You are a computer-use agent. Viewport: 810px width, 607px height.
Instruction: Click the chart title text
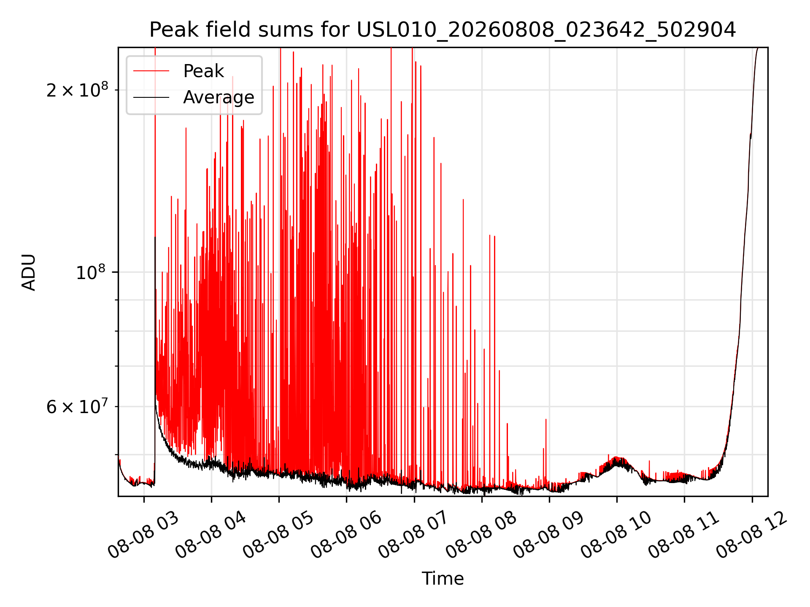tap(443, 30)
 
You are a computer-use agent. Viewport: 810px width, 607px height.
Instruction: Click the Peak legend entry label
tap(203, 71)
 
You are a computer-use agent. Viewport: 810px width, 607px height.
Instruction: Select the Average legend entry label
tap(219, 97)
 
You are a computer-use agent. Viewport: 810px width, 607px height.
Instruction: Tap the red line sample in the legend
tap(151, 71)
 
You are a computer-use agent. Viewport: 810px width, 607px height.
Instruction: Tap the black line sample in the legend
tap(151, 97)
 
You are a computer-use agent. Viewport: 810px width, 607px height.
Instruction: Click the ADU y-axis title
tap(29, 272)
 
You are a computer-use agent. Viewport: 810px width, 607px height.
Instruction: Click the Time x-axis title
tap(443, 579)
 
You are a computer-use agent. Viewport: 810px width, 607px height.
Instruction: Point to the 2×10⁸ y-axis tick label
tap(77, 90)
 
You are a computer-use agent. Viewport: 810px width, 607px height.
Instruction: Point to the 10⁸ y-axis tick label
tap(92, 272)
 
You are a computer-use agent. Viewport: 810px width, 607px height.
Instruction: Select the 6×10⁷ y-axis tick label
tap(77, 407)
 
